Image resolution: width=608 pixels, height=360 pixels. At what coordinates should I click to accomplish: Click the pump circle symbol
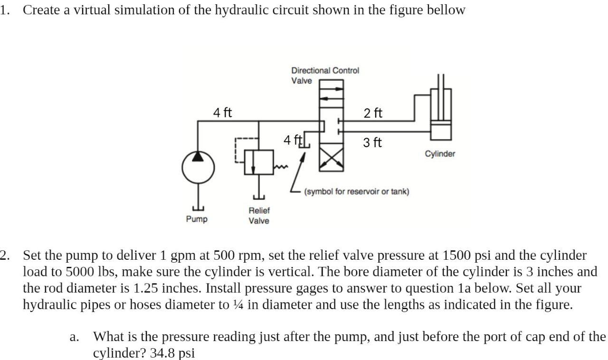pyautogui.click(x=199, y=168)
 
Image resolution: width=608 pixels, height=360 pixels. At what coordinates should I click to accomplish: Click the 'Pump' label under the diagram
pyautogui.click(x=197, y=219)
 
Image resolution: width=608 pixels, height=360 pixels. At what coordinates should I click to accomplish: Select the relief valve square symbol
pyautogui.click(x=259, y=162)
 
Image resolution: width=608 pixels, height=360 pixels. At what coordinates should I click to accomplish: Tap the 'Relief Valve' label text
pyautogui.click(x=259, y=216)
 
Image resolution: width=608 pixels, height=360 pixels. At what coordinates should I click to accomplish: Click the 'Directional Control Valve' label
pyautogui.click(x=325, y=76)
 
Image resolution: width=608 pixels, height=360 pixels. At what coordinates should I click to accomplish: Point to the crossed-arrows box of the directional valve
pyautogui.click(x=332, y=159)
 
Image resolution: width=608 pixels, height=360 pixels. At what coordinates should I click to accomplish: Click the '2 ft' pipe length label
pyautogui.click(x=373, y=113)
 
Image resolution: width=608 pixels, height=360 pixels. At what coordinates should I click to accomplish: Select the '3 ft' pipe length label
pyautogui.click(x=372, y=142)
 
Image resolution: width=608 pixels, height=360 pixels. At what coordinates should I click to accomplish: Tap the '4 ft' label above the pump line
pyautogui.click(x=222, y=113)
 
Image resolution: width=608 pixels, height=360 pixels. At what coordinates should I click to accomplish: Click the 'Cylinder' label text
pyautogui.click(x=440, y=154)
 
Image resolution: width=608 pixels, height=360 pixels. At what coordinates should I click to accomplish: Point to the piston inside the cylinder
pyautogui.click(x=441, y=123)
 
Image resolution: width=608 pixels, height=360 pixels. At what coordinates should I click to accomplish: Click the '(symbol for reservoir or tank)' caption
pyautogui.click(x=357, y=191)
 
